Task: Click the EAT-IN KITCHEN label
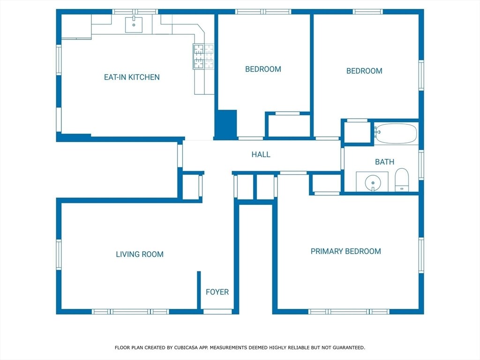tap(132, 77)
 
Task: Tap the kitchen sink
tap(134, 24)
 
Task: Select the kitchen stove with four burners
tap(203, 56)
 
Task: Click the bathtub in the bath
tap(396, 134)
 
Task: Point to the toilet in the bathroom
tap(402, 180)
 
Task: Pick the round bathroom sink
tap(373, 183)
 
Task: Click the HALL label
tap(261, 155)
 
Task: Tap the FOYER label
tap(217, 292)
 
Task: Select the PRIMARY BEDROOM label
tap(346, 251)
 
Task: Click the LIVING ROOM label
tap(140, 254)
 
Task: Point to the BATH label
tap(384, 162)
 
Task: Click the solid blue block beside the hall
tap(225, 125)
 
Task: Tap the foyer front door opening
tap(217, 312)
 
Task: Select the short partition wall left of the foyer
tap(199, 290)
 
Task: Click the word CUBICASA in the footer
tap(186, 347)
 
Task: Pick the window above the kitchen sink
tap(135, 12)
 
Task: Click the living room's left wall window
tap(59, 255)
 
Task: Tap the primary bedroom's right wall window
tap(421, 255)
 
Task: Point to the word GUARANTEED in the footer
tap(349, 347)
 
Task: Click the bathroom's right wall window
tap(421, 165)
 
